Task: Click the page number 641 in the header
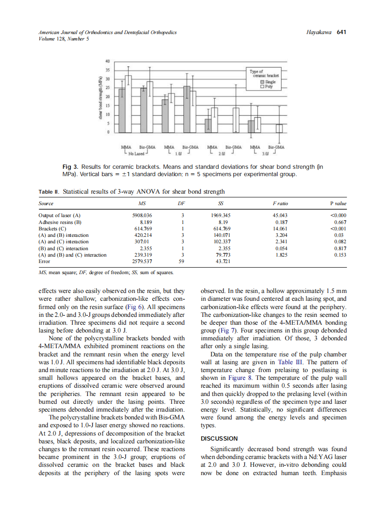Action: [x=341, y=32]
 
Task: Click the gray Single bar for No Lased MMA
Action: [x=122, y=110]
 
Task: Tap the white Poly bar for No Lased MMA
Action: [x=129, y=104]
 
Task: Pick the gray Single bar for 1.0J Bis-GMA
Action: [x=187, y=109]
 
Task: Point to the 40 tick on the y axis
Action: [x=108, y=61]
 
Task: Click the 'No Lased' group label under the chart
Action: [x=136, y=153]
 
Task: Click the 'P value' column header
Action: [x=338, y=203]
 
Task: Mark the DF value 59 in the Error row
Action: [x=183, y=262]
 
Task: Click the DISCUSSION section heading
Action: [x=219, y=438]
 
